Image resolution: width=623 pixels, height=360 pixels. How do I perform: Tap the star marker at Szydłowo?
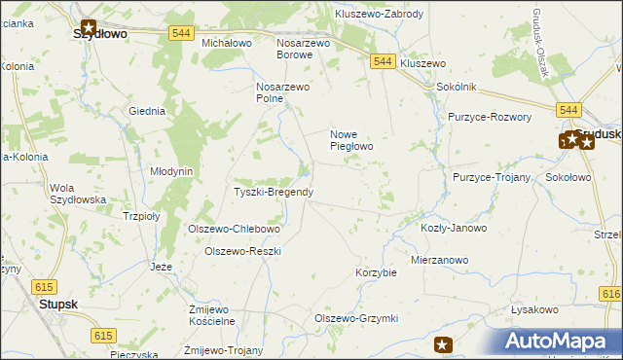click(x=89, y=28)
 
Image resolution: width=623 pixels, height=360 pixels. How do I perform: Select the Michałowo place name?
click(x=227, y=44)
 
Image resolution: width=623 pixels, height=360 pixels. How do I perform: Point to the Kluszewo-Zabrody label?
click(x=379, y=15)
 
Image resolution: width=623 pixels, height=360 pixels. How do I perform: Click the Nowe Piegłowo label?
click(x=352, y=140)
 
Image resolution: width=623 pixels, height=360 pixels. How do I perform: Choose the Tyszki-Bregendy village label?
click(x=274, y=192)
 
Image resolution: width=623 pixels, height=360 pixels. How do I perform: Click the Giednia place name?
click(x=147, y=111)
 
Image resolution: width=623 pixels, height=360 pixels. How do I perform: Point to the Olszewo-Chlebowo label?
click(x=234, y=230)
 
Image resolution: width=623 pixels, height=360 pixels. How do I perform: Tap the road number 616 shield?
click(x=612, y=294)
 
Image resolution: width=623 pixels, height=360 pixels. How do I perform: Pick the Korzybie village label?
click(x=377, y=272)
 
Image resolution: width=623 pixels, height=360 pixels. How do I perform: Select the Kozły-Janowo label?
click(x=453, y=228)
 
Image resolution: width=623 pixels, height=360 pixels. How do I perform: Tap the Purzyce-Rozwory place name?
click(x=490, y=117)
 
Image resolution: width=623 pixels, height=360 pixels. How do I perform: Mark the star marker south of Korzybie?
click(x=443, y=344)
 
